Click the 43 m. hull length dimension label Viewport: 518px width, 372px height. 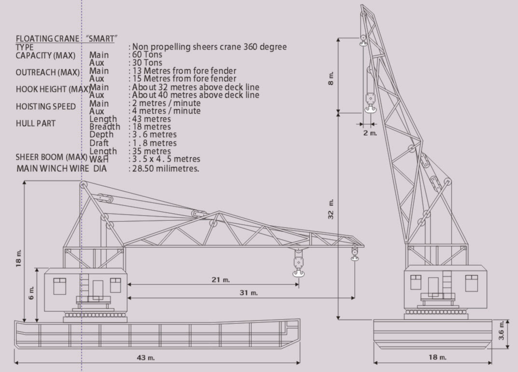pos(146,358)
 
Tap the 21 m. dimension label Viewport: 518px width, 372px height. pos(220,280)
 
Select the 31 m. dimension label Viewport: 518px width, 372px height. pos(249,293)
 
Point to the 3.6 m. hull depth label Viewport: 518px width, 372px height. pos(502,331)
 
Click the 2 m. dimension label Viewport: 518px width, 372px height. pos(370,133)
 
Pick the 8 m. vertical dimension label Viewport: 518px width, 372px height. pos(331,78)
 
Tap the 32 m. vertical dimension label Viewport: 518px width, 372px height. pos(331,209)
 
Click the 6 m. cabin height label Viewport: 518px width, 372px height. pos(31,293)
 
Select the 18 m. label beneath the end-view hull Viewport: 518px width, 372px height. pos(438,357)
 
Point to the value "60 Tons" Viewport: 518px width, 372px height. pos(147,54)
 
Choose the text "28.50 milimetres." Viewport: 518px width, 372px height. pos(166,168)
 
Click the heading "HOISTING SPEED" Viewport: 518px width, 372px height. pos(46,106)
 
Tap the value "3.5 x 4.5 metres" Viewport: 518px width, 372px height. pos(166,159)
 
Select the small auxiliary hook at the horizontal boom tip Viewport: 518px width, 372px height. pos(355,254)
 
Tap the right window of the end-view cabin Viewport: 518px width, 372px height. pos(471,283)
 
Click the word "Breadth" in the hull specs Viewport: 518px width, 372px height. pos(105,127)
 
